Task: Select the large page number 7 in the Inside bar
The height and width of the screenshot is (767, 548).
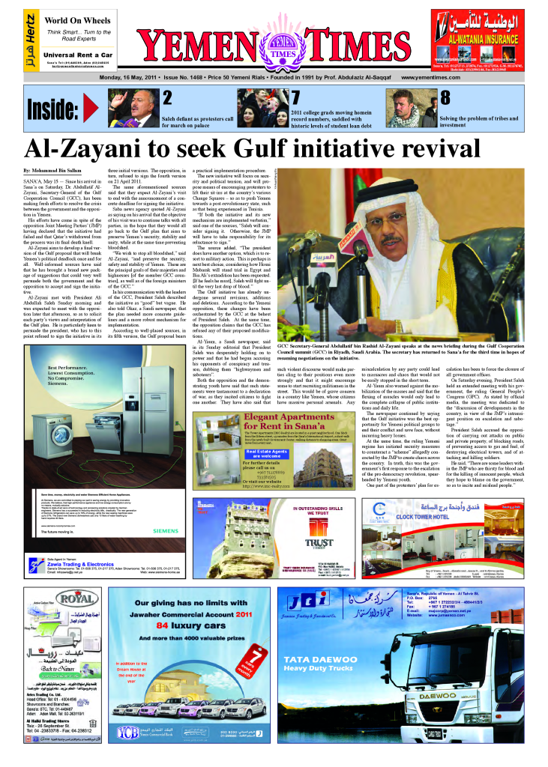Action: [295, 98]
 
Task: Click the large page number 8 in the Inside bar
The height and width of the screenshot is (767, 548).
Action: [445, 98]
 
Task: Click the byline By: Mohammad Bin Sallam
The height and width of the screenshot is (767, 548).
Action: [56, 172]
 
